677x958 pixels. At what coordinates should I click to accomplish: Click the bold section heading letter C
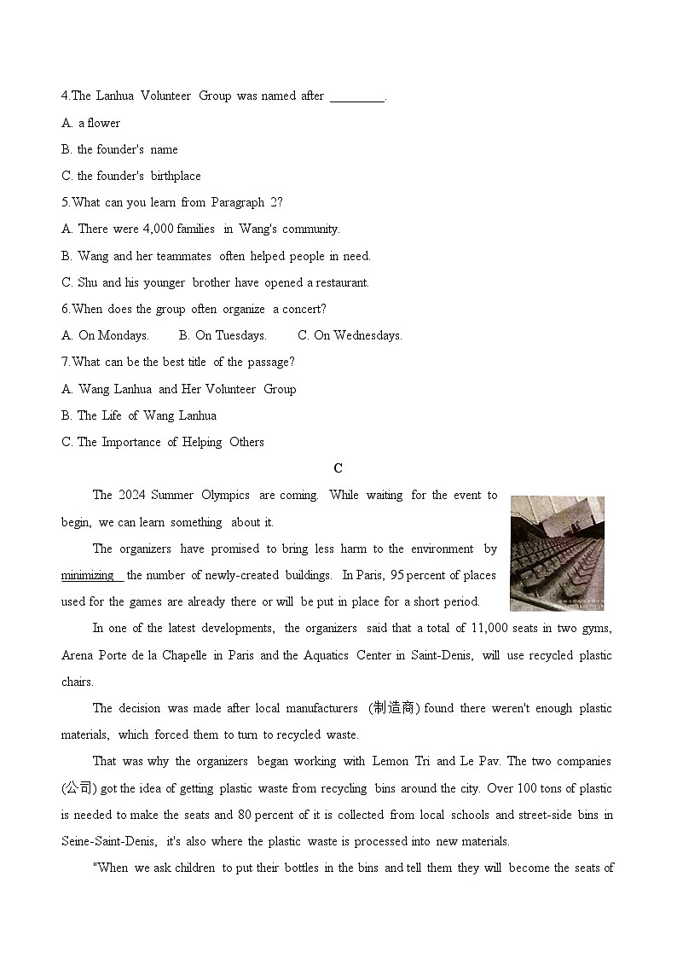tap(338, 468)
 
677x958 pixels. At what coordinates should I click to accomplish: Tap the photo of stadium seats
tap(557, 553)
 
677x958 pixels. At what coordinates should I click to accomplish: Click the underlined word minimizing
tap(89, 575)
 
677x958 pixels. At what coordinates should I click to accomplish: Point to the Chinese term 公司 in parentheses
tap(78, 788)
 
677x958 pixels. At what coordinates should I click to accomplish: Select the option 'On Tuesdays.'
tap(223, 335)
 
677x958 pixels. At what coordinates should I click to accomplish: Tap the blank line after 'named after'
tap(356, 96)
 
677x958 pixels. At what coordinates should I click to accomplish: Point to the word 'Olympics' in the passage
tap(225, 495)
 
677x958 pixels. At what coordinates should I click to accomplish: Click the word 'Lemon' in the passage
tap(390, 761)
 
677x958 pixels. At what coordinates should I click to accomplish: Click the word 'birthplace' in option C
tap(176, 176)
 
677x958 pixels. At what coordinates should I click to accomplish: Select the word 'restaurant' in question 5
tap(342, 282)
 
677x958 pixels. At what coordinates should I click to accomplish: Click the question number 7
tap(66, 362)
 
